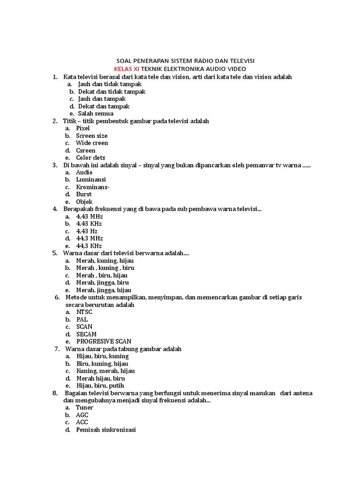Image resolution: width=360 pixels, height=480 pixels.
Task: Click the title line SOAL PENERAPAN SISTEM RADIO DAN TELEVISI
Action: point(185,61)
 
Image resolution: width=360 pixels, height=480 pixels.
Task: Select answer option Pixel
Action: point(83,128)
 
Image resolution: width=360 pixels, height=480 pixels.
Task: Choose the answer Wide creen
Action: point(92,143)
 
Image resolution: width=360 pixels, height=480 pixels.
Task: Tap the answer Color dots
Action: point(90,157)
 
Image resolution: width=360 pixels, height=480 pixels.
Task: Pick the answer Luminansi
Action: point(91,180)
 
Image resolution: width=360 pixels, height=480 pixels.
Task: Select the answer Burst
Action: point(84,194)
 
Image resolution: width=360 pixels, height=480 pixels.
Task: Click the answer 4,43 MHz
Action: point(90,217)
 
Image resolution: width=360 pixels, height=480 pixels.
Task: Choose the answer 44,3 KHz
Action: point(89,246)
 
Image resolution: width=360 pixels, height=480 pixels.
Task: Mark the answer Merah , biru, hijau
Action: point(102,275)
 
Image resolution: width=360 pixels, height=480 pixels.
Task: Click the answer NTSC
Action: point(84,312)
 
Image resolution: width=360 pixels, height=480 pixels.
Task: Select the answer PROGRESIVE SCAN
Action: point(104,341)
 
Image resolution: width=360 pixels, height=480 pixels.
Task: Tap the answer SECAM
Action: point(86,334)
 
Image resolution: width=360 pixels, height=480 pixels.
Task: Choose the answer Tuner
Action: point(84,407)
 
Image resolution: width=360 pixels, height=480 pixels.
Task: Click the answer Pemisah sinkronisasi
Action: point(106,429)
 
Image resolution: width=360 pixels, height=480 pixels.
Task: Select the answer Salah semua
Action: point(96,113)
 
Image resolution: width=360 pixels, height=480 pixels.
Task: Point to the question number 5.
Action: point(55,253)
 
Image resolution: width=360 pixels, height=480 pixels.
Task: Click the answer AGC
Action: point(82,415)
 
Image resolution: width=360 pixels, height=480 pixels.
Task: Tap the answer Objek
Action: point(84,202)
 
